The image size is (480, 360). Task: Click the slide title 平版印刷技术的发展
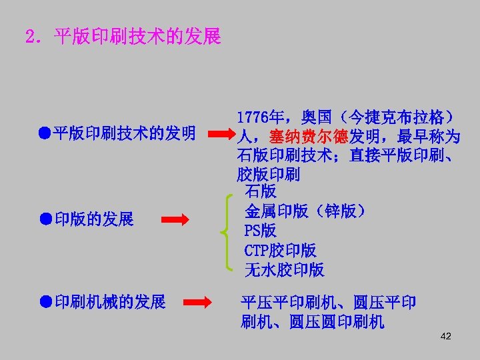[x=137, y=37]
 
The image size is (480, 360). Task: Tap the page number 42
[x=446, y=336]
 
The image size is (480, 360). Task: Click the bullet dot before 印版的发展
[x=44, y=218]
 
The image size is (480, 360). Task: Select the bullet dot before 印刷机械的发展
[x=44, y=302]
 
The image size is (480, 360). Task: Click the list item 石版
[x=260, y=192]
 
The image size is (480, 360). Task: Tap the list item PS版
[x=260, y=231]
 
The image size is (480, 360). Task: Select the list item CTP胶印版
[x=280, y=251]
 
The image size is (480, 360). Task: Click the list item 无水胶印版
[x=284, y=270]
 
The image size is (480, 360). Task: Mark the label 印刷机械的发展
[x=110, y=303]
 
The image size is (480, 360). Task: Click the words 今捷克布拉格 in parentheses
[x=397, y=117]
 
